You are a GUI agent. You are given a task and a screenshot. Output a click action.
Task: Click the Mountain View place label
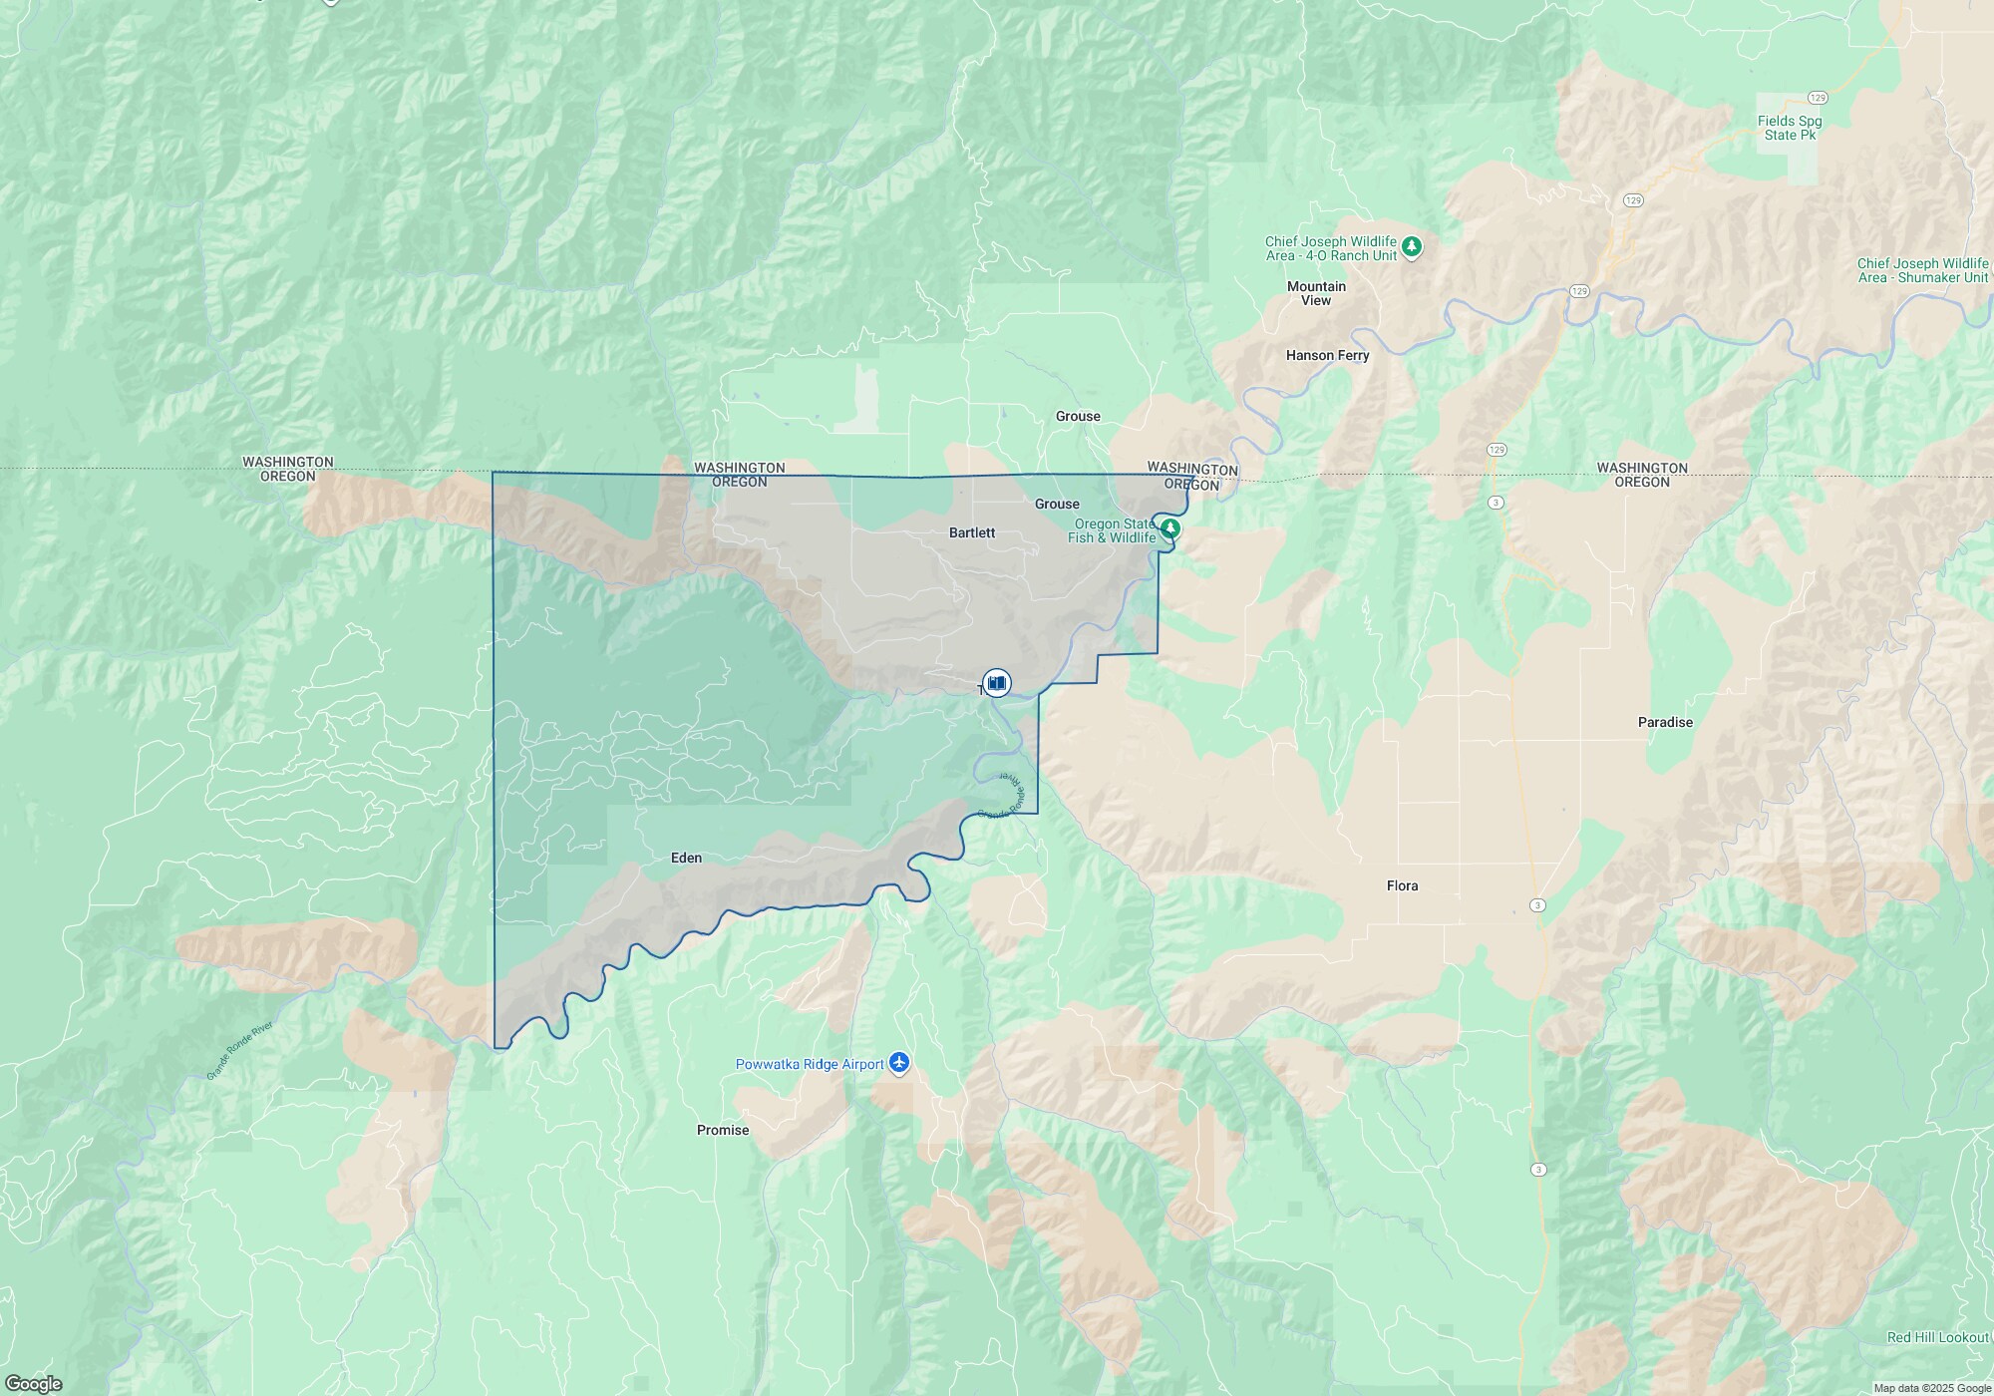click(x=1316, y=293)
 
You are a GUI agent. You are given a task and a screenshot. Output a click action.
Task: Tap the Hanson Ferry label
click(x=1327, y=355)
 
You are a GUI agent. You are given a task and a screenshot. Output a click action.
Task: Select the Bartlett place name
click(x=971, y=532)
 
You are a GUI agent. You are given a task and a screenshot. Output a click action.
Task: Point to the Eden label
click(x=686, y=858)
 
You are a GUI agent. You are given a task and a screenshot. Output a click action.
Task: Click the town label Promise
click(x=723, y=1130)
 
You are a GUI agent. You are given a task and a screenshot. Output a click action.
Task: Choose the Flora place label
click(x=1402, y=885)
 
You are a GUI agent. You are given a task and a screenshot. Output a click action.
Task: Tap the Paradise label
click(x=1665, y=722)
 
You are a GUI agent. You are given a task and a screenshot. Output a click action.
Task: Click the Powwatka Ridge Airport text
click(x=810, y=1064)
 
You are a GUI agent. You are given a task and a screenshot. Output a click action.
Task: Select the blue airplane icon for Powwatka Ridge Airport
click(x=899, y=1064)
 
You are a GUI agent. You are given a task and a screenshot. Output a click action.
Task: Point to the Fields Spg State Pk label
click(x=1790, y=128)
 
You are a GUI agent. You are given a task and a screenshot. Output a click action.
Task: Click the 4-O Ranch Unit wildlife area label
click(x=1331, y=248)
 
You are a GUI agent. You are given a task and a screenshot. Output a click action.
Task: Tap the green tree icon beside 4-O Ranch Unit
click(x=1411, y=246)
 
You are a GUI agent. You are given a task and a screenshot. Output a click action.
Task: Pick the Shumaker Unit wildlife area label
click(x=1922, y=270)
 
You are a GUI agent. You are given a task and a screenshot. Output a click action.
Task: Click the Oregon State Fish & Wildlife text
click(x=1112, y=530)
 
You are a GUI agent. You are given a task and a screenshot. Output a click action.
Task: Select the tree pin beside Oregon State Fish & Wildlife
click(x=1170, y=528)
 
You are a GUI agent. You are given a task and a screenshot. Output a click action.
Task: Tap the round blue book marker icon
click(x=996, y=682)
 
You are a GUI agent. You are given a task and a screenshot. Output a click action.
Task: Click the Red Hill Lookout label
click(x=1938, y=1337)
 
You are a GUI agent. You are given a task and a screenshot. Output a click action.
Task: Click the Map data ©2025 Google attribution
click(x=1932, y=1388)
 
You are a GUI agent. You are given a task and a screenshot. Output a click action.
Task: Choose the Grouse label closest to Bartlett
click(x=1057, y=504)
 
